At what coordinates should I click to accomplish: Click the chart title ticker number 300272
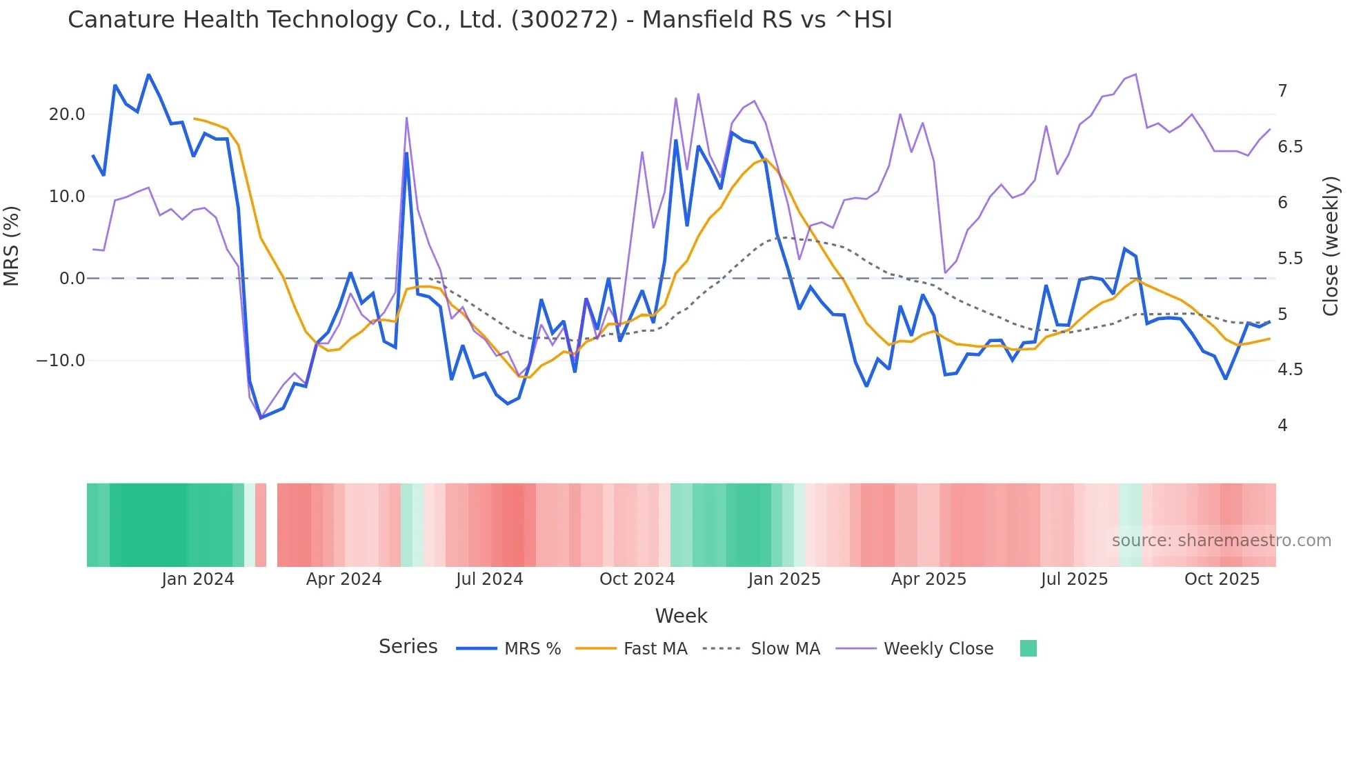(x=564, y=20)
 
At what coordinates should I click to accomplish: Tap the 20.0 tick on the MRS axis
(x=67, y=114)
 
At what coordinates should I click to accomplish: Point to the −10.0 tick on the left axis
(x=61, y=361)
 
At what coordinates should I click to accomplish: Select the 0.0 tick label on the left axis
(x=72, y=279)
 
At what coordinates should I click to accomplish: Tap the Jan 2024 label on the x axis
(x=198, y=579)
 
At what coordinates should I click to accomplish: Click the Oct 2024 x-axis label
(x=637, y=579)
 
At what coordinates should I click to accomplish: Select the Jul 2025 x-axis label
(x=1074, y=579)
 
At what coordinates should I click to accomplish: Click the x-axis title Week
(x=681, y=616)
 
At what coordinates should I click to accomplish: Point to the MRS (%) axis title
(x=12, y=246)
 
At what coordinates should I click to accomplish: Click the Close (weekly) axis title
(x=1331, y=246)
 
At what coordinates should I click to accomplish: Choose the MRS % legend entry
(x=532, y=649)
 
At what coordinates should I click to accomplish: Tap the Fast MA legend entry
(x=655, y=649)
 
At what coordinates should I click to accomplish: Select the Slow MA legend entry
(x=785, y=649)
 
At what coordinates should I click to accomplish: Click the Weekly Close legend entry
(x=938, y=649)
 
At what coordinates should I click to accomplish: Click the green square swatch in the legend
(x=1028, y=648)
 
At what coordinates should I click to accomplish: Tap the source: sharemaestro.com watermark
(x=1221, y=541)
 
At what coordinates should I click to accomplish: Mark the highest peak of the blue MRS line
(x=148, y=74)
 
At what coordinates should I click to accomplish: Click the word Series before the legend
(x=408, y=647)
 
